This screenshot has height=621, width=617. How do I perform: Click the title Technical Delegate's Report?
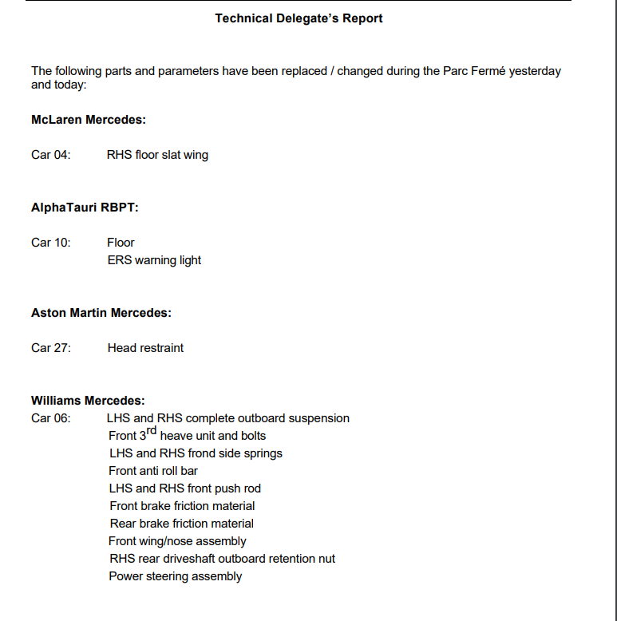(299, 18)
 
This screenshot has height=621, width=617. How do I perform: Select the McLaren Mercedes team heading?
(88, 120)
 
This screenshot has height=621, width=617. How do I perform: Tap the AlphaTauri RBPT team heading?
(85, 208)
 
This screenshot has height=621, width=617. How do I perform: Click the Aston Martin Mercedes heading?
(101, 313)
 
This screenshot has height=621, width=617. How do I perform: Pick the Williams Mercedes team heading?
(88, 401)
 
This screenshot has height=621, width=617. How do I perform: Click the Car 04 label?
(51, 155)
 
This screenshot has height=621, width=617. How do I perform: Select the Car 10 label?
(51, 243)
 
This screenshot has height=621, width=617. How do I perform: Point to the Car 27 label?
(51, 348)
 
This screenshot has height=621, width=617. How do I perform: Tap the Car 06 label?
(51, 418)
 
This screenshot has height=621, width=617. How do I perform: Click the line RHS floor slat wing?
(157, 155)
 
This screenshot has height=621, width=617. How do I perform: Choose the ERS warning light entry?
(154, 260)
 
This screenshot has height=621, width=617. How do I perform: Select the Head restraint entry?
(145, 348)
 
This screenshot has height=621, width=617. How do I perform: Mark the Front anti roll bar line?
(153, 471)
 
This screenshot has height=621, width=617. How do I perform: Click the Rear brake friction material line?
(182, 524)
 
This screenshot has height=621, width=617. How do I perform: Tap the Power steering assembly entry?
(176, 576)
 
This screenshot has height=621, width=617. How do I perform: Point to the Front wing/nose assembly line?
(177, 541)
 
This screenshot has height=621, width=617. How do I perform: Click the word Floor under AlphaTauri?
(121, 243)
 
